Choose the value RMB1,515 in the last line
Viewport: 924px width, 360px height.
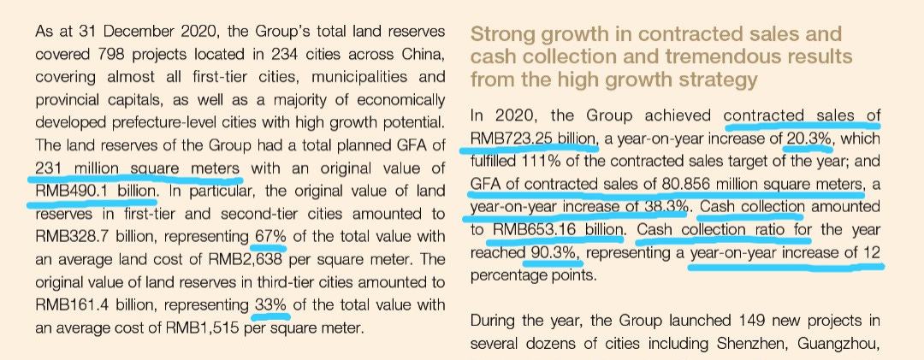pyautogui.click(x=204, y=327)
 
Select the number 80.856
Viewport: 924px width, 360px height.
pyautogui.click(x=713, y=183)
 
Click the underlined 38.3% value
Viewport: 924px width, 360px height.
pyautogui.click(x=666, y=206)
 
